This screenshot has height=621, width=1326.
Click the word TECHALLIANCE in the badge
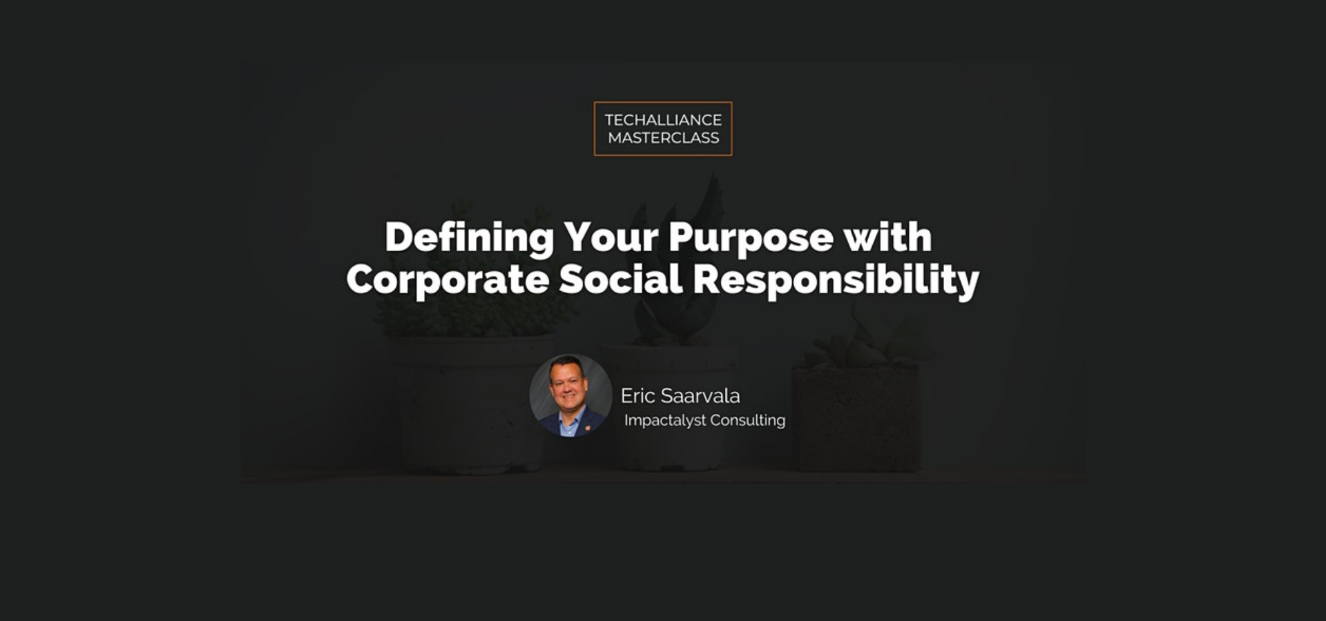coord(663,119)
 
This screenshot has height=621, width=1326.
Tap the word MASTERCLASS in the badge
coord(663,138)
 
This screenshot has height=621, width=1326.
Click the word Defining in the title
coord(469,239)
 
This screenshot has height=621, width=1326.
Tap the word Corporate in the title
coord(448,280)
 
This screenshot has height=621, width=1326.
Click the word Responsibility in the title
coord(836,280)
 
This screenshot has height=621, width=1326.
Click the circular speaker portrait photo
coord(570,395)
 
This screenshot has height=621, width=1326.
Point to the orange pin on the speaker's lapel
coord(587,428)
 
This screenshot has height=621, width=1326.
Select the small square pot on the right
coord(856,417)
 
